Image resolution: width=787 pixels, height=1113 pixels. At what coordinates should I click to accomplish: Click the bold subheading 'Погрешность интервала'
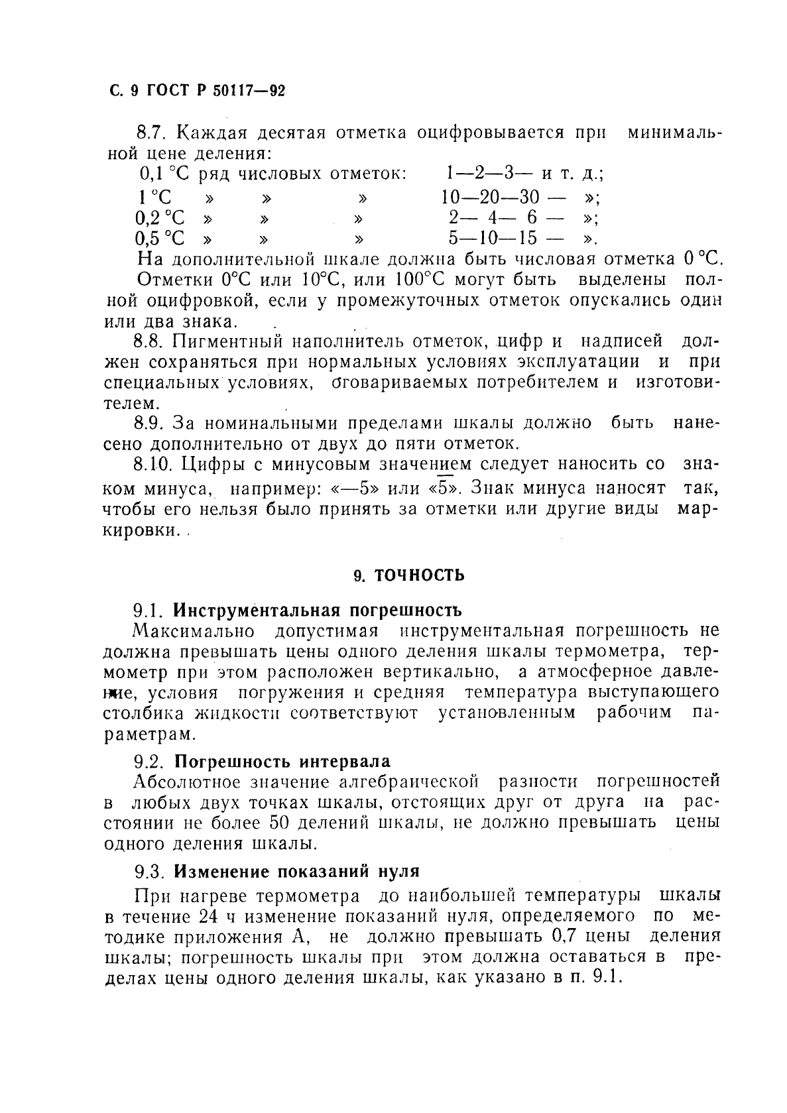[x=286, y=761]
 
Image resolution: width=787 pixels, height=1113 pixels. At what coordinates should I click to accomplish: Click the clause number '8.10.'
[x=152, y=463]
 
